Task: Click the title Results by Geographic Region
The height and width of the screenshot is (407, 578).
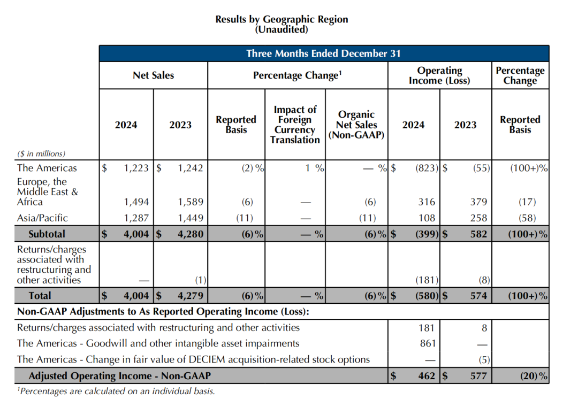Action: point(282,19)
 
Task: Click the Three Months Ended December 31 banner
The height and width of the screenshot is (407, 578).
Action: point(323,53)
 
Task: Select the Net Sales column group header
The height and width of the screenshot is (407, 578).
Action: point(153,75)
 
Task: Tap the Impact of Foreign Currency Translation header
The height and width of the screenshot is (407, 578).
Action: point(295,125)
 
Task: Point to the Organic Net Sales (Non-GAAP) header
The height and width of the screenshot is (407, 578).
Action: point(356,125)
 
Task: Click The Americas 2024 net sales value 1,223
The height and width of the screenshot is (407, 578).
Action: point(136,168)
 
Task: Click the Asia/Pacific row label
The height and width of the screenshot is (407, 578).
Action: point(42,218)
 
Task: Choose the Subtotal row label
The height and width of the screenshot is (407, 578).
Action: point(47,234)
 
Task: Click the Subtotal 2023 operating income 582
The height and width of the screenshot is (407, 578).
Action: point(477,234)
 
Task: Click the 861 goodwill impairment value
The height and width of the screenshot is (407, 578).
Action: point(428,343)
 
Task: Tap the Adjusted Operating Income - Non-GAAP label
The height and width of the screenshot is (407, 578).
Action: point(119,376)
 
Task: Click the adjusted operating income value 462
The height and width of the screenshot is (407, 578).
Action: point(426,376)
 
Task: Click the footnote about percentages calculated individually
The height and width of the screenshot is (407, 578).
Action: point(117,391)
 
